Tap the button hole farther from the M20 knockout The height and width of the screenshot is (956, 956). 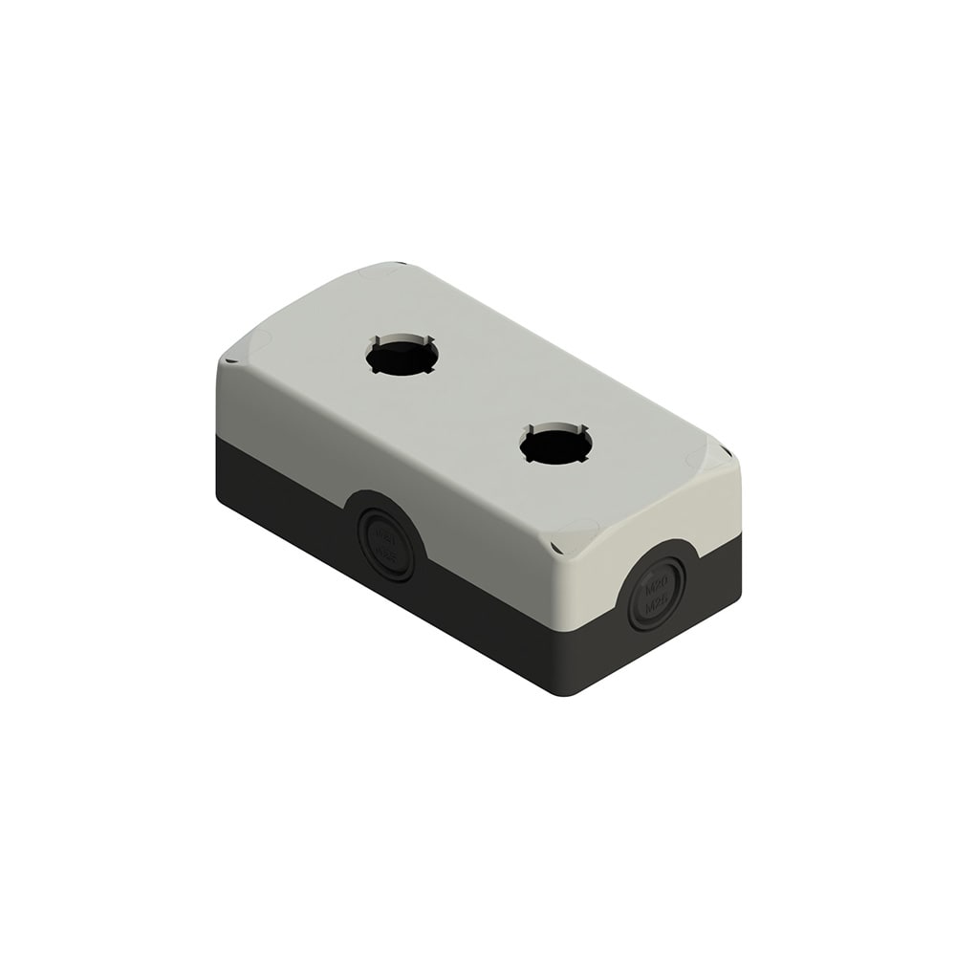402,357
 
